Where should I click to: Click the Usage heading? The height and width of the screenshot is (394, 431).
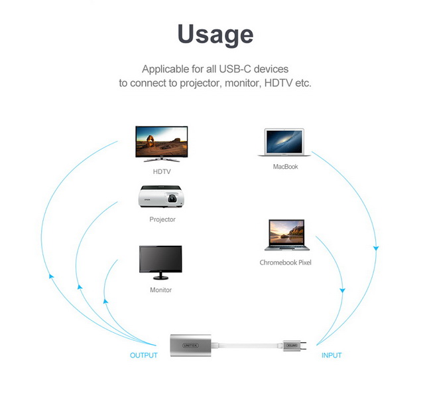click(x=215, y=34)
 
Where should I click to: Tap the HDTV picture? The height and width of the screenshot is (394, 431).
click(x=162, y=144)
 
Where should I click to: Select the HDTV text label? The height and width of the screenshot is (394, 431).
click(x=162, y=171)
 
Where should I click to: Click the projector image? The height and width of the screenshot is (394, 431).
click(x=161, y=197)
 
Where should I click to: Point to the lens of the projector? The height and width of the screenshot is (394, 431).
click(x=172, y=199)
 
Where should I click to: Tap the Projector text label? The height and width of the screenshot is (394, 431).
click(x=162, y=219)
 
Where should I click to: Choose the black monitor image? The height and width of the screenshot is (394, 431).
click(x=160, y=262)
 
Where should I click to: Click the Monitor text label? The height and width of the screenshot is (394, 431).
click(x=161, y=290)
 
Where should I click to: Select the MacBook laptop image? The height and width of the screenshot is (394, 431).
click(x=284, y=142)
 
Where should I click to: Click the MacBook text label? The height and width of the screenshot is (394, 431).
click(x=285, y=166)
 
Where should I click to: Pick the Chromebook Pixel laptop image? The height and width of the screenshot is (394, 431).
click(x=286, y=235)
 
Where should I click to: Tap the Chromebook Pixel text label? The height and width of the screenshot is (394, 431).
click(x=285, y=262)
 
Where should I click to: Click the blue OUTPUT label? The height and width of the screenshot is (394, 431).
click(x=143, y=355)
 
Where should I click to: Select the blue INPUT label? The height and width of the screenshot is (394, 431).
click(x=332, y=355)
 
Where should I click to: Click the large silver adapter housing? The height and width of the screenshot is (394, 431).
click(x=190, y=345)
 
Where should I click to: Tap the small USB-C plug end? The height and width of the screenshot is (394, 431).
click(x=294, y=345)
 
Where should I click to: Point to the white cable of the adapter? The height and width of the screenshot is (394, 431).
click(x=247, y=345)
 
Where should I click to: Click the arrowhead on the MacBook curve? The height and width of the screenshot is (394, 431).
click(x=376, y=248)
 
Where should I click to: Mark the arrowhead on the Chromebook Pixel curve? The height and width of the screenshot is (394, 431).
click(x=342, y=290)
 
